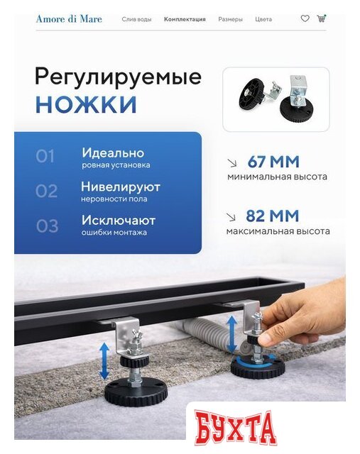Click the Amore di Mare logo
click(69, 19)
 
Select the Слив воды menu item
click(136, 19)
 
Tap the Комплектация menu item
click(185, 19)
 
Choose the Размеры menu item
click(230, 19)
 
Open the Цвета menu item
click(263, 19)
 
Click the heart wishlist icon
click(305, 19)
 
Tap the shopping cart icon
click(322, 18)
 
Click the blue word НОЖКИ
click(86, 104)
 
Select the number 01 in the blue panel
click(45, 156)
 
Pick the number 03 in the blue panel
click(47, 226)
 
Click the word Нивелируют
click(121, 187)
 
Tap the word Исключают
click(119, 221)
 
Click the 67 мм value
click(273, 162)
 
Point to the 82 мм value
click(272, 216)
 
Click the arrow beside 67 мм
click(232, 163)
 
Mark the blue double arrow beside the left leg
click(104, 361)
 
